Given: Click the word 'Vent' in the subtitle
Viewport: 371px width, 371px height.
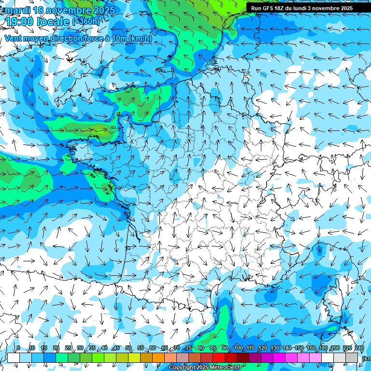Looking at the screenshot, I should pos(14,39).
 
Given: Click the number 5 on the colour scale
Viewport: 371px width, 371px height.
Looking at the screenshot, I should pos(18,348).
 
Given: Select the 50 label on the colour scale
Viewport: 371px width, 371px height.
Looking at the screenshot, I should pos(128,348).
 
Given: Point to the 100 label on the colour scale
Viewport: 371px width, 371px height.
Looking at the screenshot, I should pos(239,348).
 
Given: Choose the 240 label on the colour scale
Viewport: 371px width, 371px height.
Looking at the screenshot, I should pos(359,348).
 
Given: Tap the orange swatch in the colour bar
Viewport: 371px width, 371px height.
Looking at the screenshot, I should pos(158,357).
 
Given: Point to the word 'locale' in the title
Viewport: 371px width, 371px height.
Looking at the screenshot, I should pos(56,21).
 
